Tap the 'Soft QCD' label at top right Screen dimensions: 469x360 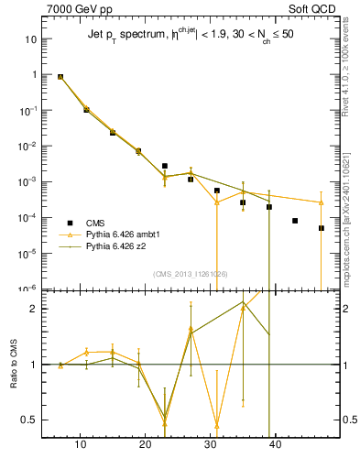pos(312,9)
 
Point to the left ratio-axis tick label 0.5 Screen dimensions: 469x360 pos(29,420)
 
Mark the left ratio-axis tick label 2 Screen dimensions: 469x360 pos(34,309)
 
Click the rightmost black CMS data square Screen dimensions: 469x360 pos(322,228)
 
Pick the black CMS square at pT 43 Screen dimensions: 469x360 pos(295,221)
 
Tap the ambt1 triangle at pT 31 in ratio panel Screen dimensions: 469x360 pos(217,425)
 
